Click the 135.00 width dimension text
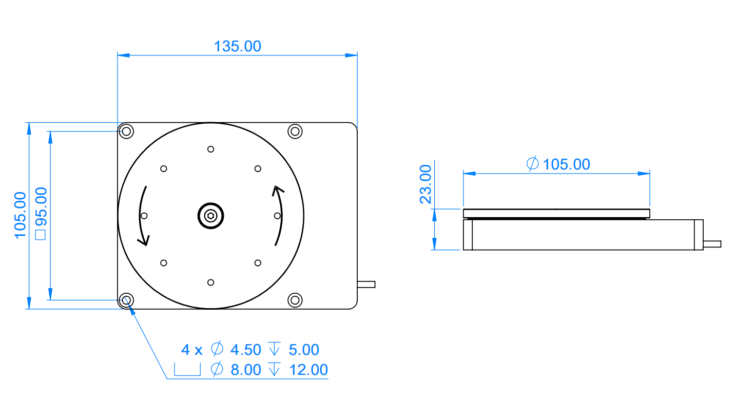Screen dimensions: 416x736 pos(237,46)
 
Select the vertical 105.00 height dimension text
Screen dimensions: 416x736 pos(20,215)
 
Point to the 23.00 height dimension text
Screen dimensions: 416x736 pos(426,184)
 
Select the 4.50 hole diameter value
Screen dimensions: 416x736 pos(246,350)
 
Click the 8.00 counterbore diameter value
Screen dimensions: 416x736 pos(246,369)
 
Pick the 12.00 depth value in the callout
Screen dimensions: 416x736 pos(308,369)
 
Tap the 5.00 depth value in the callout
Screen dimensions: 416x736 pos(304,350)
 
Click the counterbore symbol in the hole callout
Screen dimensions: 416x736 pos(187,370)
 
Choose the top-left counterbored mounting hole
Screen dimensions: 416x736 pos(126,131)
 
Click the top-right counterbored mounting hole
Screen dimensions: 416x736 pos(295,131)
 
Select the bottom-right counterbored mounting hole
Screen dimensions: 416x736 pos(295,300)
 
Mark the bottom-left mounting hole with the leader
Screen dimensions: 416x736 pos(126,300)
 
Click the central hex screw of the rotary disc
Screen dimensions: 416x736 pos(210,216)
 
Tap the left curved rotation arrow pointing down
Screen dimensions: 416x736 pos(144,216)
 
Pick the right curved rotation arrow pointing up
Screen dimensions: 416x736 pos(278,216)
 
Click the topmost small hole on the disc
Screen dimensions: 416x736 pos(210,149)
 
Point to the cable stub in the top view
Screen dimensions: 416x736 pos(366,284)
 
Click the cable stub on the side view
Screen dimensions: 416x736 pos(712,243)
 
